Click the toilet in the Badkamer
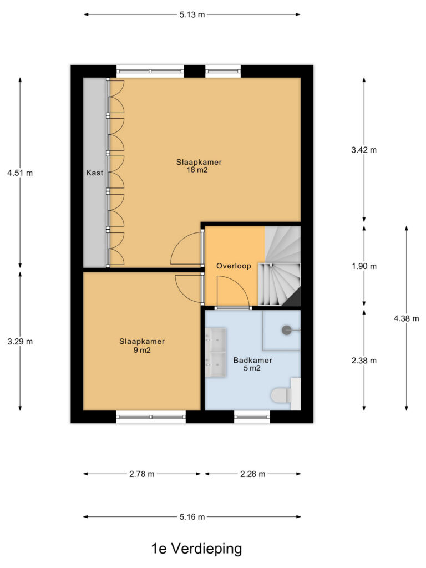point(282,395)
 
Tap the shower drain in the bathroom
point(287,330)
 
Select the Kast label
point(94,173)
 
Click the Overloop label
point(234,266)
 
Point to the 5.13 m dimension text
point(192,14)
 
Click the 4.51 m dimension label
point(20,173)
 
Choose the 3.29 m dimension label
point(20,341)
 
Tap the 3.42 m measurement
point(364,150)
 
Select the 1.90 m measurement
point(364,266)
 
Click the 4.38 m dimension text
point(407,318)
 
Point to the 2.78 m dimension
point(142,474)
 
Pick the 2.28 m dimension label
point(253,474)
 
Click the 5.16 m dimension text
point(192,516)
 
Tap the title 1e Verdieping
point(196,549)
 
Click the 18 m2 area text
point(197,170)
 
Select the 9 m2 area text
point(142,350)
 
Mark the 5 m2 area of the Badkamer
point(252,368)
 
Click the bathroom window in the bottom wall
point(252,417)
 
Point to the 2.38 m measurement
point(364,361)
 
